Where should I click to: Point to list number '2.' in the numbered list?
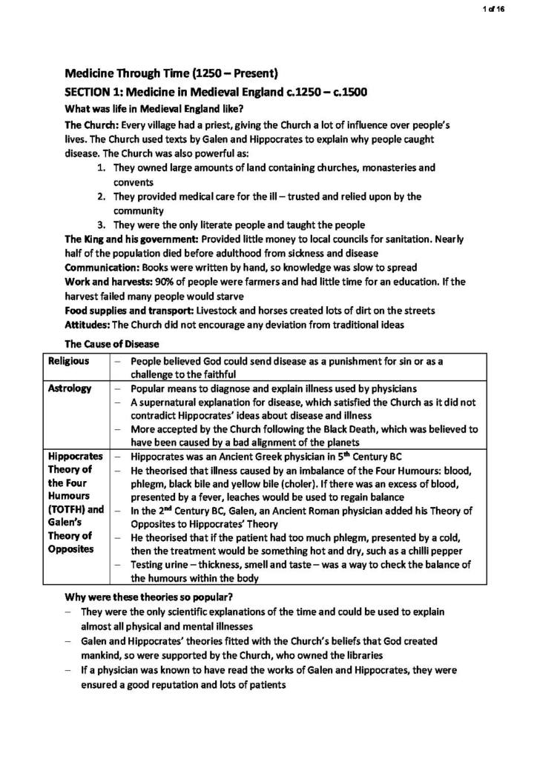(102, 196)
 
